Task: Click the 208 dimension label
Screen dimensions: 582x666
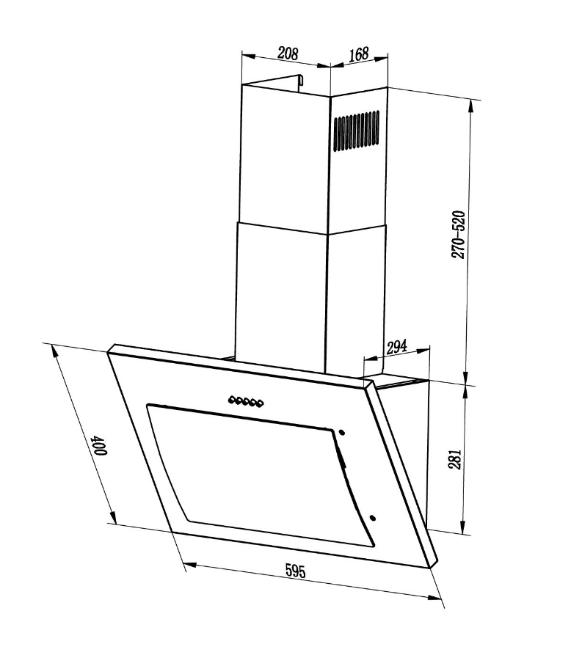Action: click(288, 54)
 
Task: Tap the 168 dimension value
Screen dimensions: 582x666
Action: click(358, 54)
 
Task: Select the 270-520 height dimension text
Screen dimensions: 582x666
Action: click(458, 234)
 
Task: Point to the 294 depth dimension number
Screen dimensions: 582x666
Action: click(396, 347)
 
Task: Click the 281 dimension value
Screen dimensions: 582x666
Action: click(454, 459)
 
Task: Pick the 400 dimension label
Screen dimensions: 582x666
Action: click(101, 444)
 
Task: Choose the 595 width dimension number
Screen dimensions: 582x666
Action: click(296, 571)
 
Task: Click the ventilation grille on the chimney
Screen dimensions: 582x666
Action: click(356, 131)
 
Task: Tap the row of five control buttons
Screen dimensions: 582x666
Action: click(246, 401)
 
